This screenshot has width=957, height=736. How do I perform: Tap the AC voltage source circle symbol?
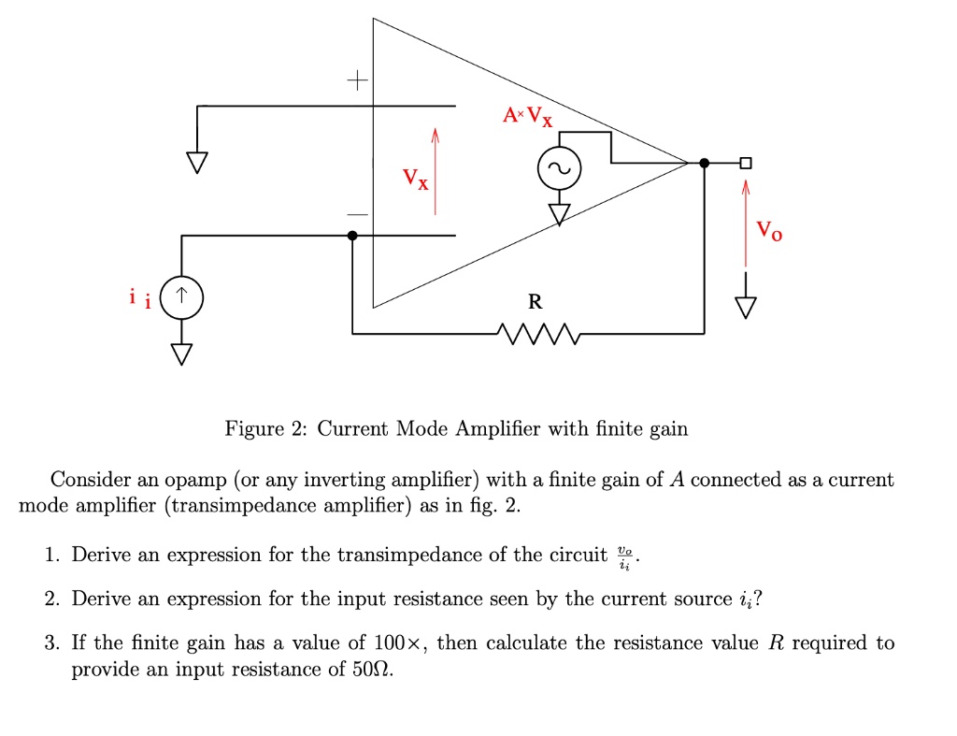coord(559,170)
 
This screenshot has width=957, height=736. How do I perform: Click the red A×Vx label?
coord(527,117)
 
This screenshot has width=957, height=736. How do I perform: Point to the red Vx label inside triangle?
coord(416,177)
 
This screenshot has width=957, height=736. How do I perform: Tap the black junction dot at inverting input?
coord(352,237)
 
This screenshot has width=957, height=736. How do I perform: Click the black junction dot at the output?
coord(704,163)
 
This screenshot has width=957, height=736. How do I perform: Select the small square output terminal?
coord(745,163)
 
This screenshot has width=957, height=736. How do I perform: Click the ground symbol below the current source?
coord(181,354)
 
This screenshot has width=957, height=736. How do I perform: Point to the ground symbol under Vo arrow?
coord(745,306)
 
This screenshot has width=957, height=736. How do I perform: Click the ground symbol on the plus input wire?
coord(197,163)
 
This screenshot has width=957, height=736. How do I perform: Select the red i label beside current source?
coord(138,298)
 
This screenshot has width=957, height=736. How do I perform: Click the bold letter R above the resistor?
coord(534,302)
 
